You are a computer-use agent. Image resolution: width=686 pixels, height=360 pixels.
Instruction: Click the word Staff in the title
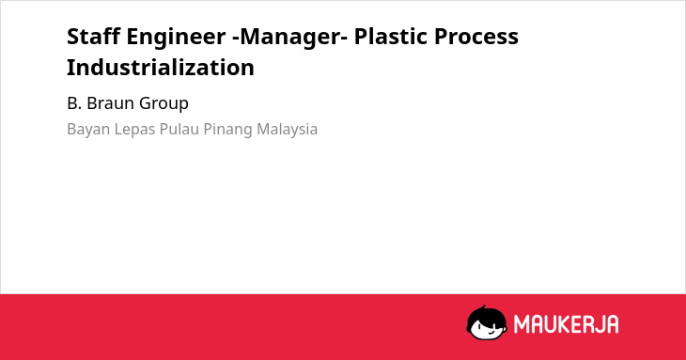tap(94, 37)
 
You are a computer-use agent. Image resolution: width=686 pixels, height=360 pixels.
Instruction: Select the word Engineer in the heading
tap(176, 38)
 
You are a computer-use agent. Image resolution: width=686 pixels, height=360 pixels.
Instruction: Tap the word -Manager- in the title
tap(290, 38)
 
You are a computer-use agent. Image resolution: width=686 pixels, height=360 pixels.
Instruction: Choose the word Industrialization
tap(161, 68)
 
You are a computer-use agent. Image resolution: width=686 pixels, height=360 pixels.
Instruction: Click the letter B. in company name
tap(74, 103)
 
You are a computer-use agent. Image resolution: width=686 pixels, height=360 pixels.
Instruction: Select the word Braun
tap(110, 103)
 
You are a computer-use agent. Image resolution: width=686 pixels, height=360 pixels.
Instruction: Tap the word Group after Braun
tap(164, 104)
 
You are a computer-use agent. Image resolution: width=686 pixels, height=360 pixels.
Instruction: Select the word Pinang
tap(227, 130)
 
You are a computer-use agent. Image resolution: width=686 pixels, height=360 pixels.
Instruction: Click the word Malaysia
tap(287, 130)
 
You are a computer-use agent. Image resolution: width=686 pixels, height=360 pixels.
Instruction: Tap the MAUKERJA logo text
tap(566, 324)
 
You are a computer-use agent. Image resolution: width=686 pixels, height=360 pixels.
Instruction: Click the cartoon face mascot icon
tap(487, 323)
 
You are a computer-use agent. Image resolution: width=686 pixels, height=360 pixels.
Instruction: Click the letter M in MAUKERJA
tap(522, 324)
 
